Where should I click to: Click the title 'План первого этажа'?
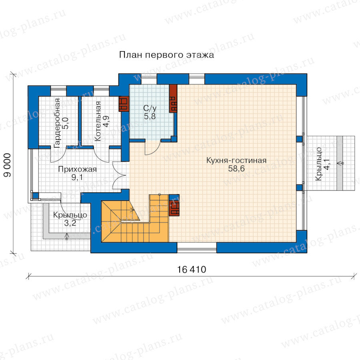(166, 55)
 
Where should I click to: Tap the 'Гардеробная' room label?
(57, 123)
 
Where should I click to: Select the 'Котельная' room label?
(98, 121)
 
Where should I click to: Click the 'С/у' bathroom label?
(150, 108)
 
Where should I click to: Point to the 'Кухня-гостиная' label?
(236, 160)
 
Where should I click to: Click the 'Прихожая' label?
(77, 169)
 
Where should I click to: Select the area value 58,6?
(236, 168)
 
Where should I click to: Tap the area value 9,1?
(77, 178)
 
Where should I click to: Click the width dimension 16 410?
(192, 270)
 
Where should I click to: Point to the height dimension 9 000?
(8, 165)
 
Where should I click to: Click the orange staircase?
(135, 218)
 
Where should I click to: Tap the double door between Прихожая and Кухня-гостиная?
(118, 176)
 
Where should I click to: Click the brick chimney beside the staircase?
(174, 205)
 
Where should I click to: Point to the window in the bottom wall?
(197, 248)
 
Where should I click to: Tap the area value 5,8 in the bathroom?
(150, 116)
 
